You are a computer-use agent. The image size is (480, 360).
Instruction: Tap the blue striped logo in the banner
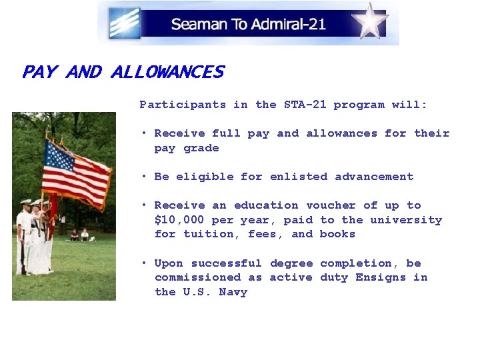click(x=125, y=23)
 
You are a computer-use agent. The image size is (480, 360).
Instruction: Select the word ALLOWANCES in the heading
click(x=167, y=72)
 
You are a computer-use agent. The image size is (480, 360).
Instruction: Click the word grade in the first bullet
click(x=201, y=148)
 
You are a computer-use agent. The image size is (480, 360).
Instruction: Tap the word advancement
click(x=374, y=177)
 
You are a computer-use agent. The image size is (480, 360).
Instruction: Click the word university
click(x=406, y=220)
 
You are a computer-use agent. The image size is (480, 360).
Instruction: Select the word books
click(x=337, y=234)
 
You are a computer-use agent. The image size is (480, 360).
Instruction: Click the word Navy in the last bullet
click(x=233, y=292)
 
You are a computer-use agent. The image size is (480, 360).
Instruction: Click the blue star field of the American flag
click(x=59, y=159)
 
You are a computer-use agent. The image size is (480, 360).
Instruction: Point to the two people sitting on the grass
click(x=79, y=235)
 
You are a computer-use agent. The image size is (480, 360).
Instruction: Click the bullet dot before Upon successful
click(x=144, y=263)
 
